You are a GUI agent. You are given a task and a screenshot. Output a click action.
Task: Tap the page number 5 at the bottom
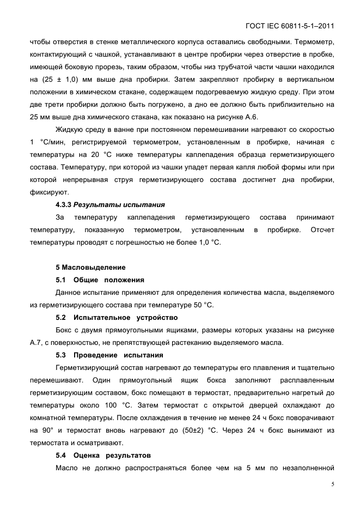(x=332, y=484)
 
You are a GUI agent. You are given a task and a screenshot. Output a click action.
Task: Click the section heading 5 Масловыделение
(x=90, y=267)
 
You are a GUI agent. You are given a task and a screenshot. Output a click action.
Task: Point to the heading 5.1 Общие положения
(x=100, y=280)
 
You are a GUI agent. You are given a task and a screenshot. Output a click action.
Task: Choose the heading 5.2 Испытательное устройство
(x=117, y=317)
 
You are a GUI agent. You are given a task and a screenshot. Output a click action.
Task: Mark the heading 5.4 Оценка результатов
(x=103, y=455)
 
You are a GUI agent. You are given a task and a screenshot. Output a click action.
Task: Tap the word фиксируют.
(x=49, y=192)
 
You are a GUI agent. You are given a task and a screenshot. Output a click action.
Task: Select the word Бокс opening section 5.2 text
(x=65, y=330)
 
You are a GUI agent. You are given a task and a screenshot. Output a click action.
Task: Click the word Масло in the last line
(x=68, y=467)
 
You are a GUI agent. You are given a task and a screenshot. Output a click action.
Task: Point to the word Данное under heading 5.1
(x=70, y=293)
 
